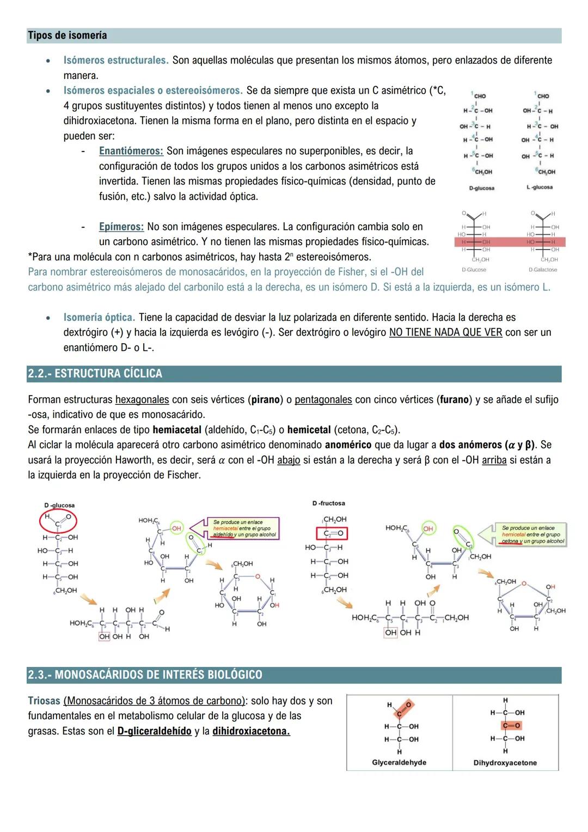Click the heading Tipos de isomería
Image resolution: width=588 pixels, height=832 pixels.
coord(67,36)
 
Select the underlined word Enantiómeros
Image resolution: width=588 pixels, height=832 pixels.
coord(131,151)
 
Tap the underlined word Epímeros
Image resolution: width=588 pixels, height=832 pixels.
coord(121,227)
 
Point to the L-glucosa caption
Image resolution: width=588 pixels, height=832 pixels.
coord(539,187)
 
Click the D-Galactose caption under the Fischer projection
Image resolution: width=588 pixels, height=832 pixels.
coord(542,270)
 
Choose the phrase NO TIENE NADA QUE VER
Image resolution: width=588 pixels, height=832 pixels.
coord(445,332)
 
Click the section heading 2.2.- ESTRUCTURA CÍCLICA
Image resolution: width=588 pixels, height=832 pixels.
coord(95,374)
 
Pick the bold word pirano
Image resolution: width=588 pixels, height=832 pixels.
coord(265,400)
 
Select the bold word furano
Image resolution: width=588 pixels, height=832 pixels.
coord(454,400)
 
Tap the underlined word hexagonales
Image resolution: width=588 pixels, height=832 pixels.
coord(142,400)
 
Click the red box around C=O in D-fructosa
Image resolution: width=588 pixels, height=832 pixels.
coord(332,533)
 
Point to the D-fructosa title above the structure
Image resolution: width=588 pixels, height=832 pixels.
coord(328,503)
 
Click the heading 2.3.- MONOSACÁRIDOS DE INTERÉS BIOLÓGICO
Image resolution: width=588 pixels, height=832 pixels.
coord(145,675)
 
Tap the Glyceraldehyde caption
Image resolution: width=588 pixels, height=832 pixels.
coord(399,763)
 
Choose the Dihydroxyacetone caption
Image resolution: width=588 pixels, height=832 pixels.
coord(505,763)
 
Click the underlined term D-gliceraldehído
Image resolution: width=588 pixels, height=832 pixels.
coord(154,731)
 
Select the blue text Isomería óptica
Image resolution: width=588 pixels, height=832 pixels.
coord(99,318)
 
